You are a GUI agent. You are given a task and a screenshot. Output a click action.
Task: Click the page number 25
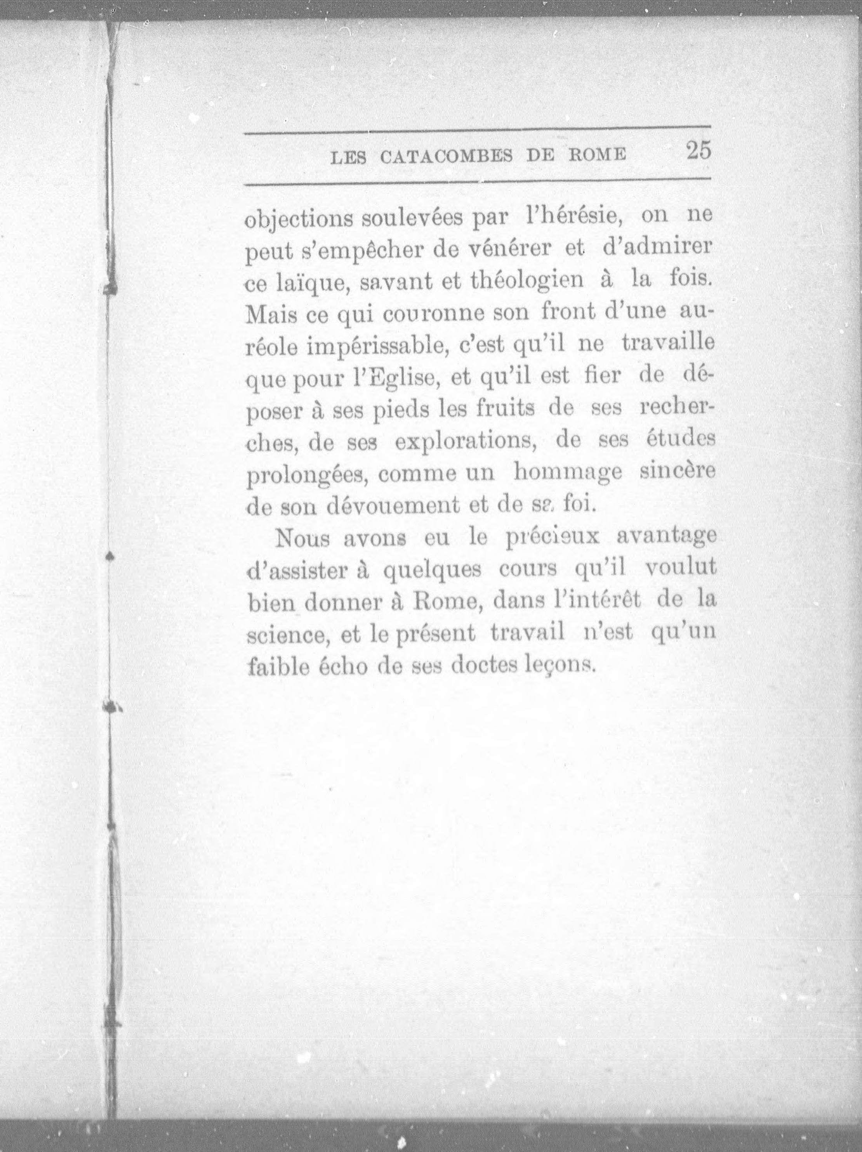pos(698,151)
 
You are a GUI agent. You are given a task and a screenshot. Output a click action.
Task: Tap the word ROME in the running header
pos(597,155)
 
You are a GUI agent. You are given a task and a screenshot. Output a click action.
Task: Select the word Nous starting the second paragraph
pos(302,538)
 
